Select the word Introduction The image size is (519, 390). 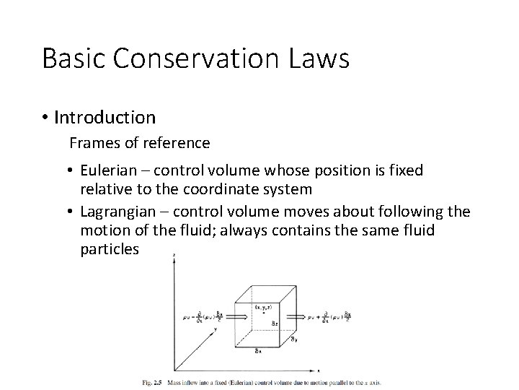[105, 116]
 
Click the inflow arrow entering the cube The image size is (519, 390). [221, 316]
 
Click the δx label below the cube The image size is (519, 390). [258, 352]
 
